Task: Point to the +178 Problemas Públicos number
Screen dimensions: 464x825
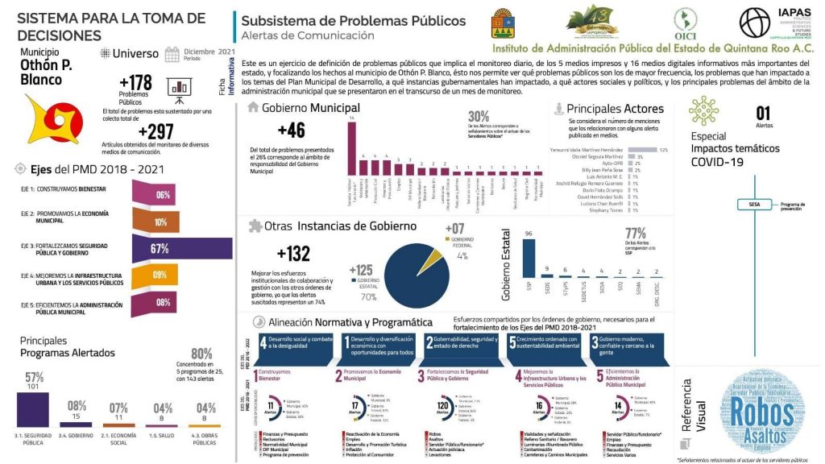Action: click(135, 83)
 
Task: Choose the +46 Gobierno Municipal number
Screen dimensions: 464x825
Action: click(291, 130)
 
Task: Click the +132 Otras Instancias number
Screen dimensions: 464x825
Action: click(293, 254)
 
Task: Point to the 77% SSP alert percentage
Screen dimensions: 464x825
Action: click(636, 234)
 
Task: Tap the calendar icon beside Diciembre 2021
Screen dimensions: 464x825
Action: click(172, 55)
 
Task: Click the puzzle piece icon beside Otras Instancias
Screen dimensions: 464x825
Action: click(255, 226)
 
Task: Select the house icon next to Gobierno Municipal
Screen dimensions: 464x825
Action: click(254, 107)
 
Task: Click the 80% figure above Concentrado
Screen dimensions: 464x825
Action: click(201, 354)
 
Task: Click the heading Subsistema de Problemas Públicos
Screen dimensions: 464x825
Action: click(353, 21)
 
